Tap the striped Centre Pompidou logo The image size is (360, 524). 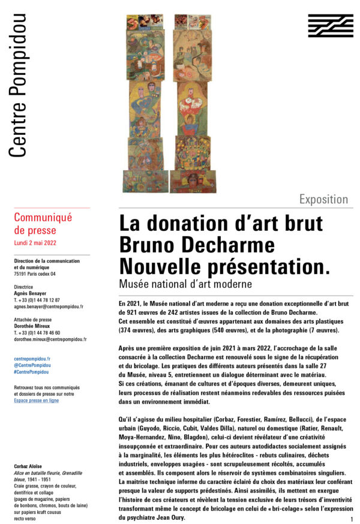tap(330, 26)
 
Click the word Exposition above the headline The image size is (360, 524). tap(323, 200)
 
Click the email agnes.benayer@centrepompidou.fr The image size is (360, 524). tap(48, 306)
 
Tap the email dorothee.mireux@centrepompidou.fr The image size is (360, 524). tap(50, 339)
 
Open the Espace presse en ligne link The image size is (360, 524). tap(36, 400)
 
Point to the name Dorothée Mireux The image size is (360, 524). tap(32, 326)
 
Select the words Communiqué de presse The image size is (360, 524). tap(43, 224)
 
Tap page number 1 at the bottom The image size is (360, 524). tap(350, 519)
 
